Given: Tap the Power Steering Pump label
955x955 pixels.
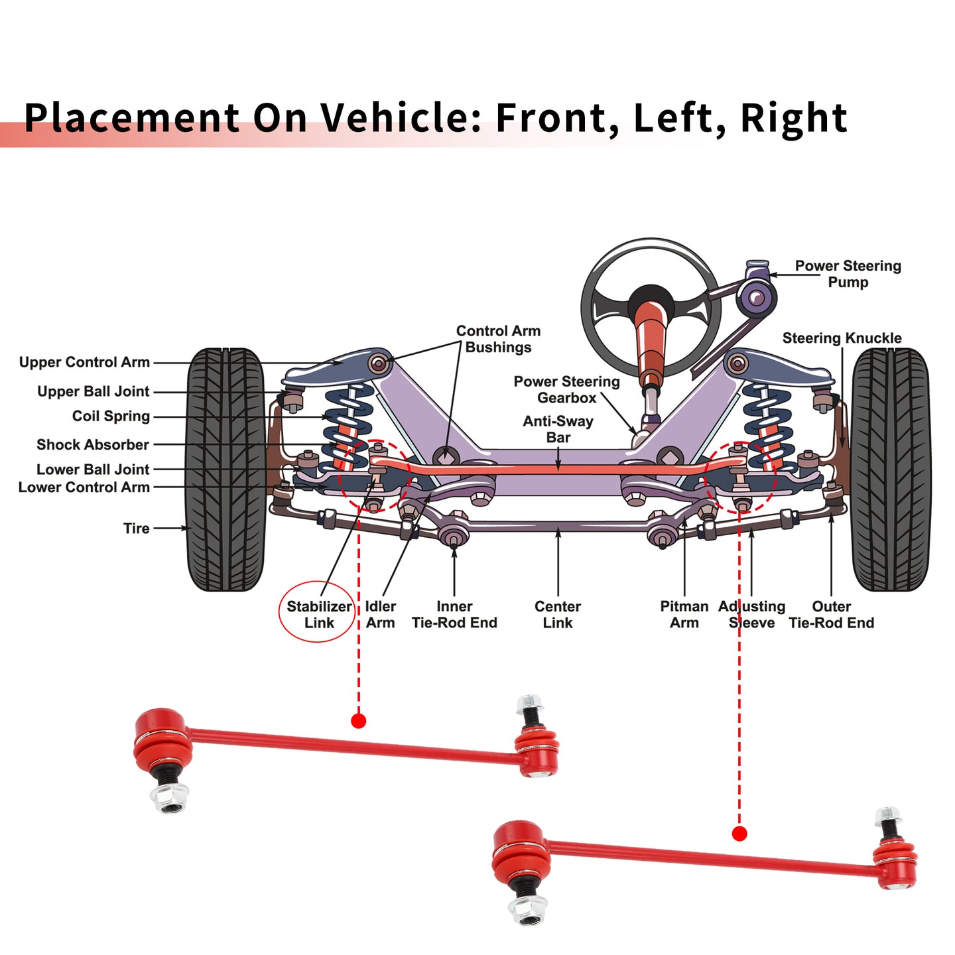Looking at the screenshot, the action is (848, 273).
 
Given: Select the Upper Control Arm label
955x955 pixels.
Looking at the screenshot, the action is (84, 362).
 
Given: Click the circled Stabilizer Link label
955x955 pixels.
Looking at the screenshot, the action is (319, 614).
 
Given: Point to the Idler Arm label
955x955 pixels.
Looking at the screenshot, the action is (380, 614).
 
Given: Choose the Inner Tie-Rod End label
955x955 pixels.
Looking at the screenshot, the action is (454, 614).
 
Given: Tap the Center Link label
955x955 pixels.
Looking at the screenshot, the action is (558, 614).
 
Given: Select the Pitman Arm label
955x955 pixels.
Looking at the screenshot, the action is (684, 614).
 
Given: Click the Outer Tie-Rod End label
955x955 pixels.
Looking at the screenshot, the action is (831, 614).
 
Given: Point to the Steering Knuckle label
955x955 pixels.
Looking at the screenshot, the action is (842, 338).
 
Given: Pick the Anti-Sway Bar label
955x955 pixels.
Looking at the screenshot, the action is (558, 429).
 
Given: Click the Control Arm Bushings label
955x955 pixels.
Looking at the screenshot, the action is (498, 339).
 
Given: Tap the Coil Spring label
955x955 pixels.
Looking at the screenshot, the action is (111, 416).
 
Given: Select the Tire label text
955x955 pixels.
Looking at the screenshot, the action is (137, 529).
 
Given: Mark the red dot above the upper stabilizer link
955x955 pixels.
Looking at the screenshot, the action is (358, 721).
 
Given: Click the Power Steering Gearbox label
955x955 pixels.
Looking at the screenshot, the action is (566, 389).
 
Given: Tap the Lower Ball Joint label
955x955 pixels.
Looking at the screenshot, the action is (93, 470).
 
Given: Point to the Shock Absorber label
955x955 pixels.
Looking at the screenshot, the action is (93, 444).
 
